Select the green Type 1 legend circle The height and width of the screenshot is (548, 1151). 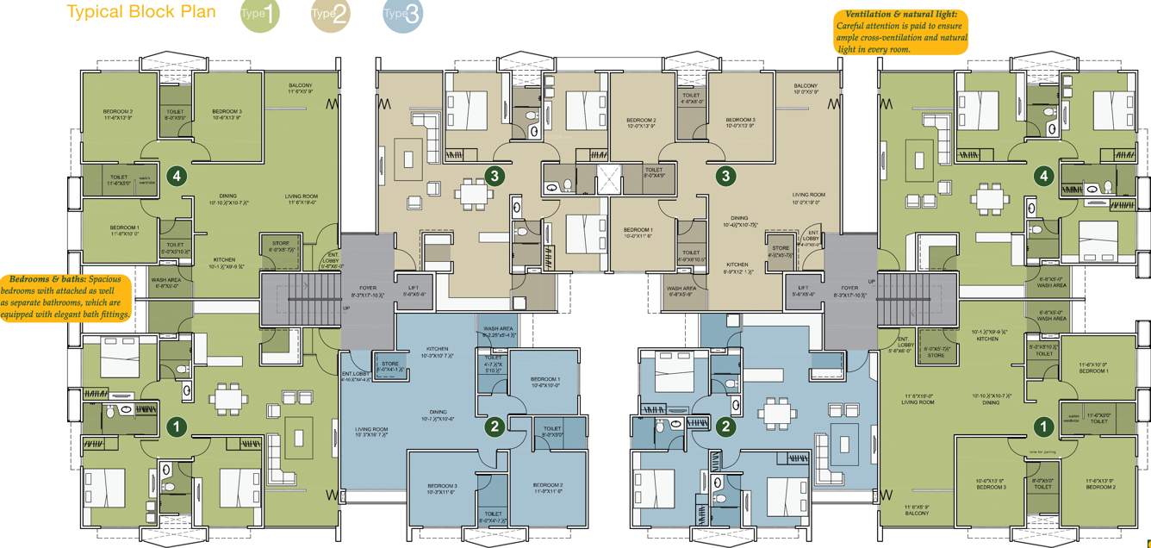[259, 15]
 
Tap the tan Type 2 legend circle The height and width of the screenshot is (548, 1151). [330, 15]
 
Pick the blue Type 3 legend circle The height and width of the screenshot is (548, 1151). [402, 15]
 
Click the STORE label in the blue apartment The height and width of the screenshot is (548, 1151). [390, 364]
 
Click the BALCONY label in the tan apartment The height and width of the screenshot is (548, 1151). [805, 86]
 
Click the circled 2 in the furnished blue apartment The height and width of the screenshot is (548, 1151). [727, 425]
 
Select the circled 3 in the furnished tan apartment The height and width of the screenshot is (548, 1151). [494, 176]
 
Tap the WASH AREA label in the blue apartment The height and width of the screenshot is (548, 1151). [499, 329]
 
